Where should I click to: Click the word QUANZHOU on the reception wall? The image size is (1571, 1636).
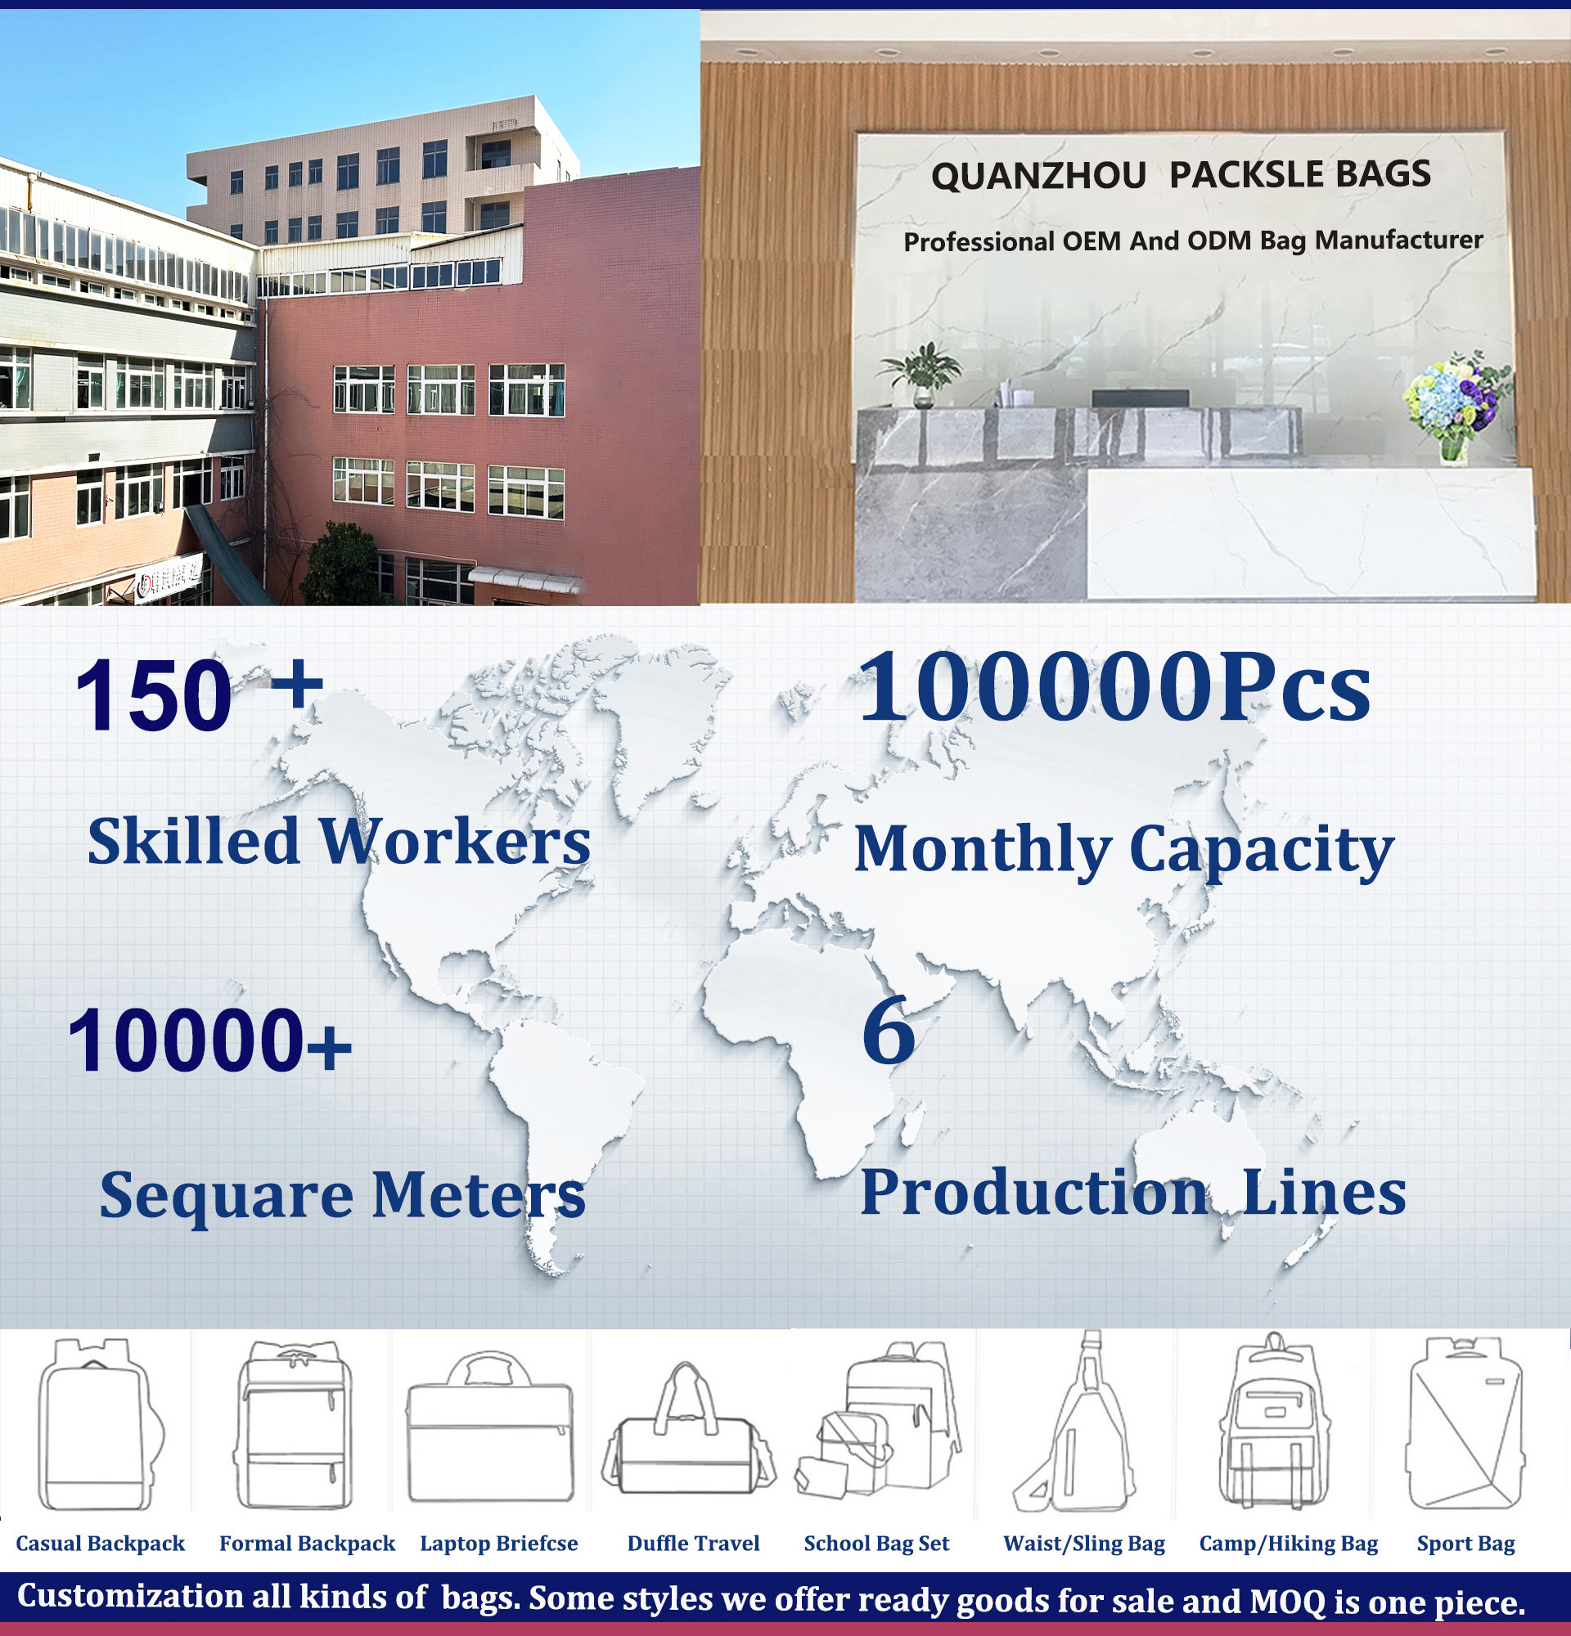(1038, 177)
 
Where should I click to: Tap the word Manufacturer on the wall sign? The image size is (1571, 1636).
(1398, 240)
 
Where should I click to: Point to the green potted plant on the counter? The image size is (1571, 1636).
(921, 373)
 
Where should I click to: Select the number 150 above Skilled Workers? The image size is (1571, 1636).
(153, 694)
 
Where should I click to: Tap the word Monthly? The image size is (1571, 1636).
(983, 850)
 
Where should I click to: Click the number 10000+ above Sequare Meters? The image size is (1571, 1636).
(209, 1040)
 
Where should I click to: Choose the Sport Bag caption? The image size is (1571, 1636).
(1465, 1544)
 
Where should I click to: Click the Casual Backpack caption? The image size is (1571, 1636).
(100, 1544)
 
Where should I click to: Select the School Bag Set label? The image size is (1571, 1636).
(876, 1544)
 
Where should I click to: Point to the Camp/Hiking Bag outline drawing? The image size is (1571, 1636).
(1274, 1423)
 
